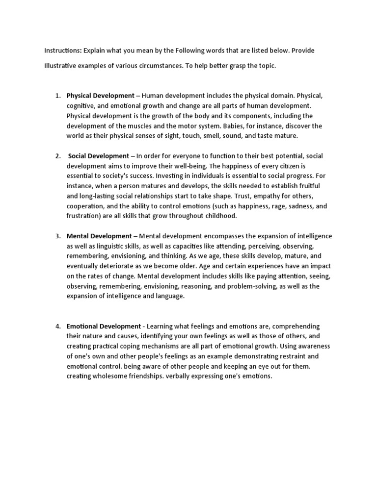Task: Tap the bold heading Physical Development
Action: point(100,96)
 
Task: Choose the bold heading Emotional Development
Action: point(104,326)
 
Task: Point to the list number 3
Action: point(57,236)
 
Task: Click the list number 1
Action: point(57,96)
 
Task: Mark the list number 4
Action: point(57,326)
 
